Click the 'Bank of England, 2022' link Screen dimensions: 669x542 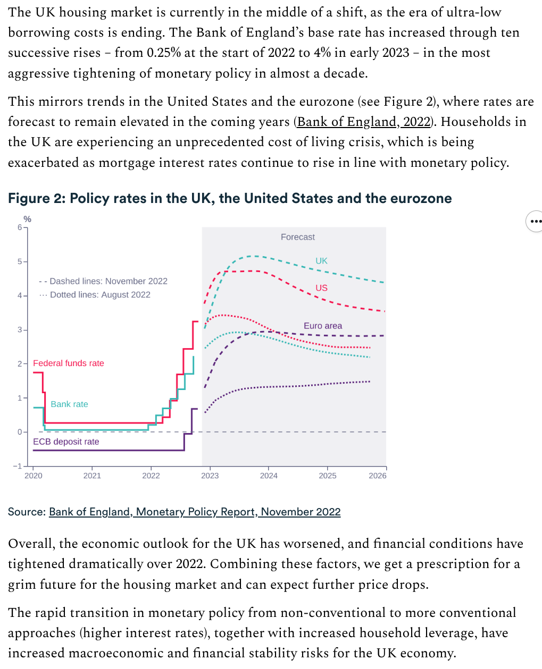point(364,122)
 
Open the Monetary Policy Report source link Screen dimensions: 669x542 point(195,512)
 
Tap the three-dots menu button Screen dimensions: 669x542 point(535,221)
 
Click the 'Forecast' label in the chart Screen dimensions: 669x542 point(297,237)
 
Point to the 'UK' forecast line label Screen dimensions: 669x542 point(321,261)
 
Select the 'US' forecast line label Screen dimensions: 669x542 point(321,288)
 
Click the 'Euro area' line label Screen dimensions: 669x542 point(323,326)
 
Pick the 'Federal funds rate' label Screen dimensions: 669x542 point(69,363)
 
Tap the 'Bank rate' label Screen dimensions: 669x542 point(69,404)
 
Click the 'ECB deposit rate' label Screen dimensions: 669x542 point(66,442)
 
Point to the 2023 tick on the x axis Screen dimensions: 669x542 point(210,476)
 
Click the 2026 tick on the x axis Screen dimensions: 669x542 point(378,476)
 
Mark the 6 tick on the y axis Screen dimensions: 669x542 point(20,227)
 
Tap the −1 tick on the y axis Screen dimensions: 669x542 point(18,466)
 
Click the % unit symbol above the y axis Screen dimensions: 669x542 point(27,219)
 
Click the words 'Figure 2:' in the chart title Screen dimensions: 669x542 point(37,198)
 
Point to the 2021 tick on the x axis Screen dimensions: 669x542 point(92,476)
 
